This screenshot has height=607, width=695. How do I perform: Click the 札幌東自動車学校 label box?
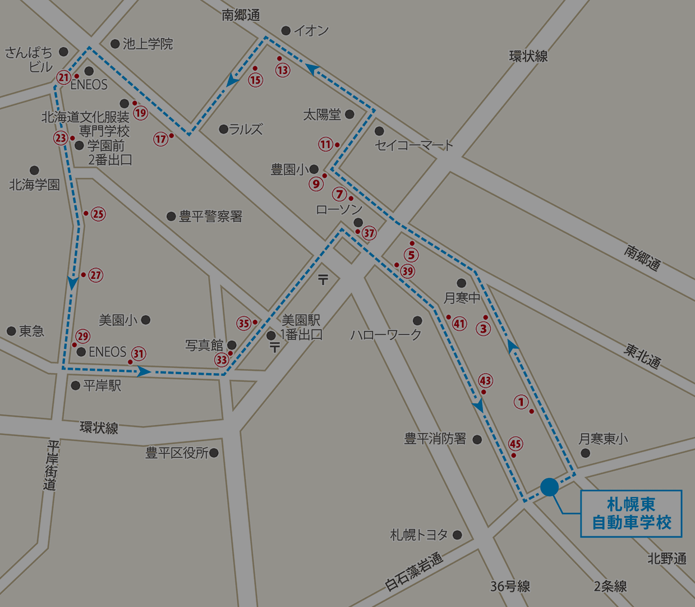click(631, 513)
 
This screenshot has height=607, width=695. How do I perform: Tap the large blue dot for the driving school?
click(549, 486)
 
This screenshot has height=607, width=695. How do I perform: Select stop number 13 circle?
click(283, 70)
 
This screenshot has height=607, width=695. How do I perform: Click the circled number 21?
click(63, 77)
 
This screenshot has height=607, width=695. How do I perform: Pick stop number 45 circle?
click(516, 444)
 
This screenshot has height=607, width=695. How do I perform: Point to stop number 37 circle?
click(369, 233)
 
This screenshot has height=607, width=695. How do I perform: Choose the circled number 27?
click(96, 275)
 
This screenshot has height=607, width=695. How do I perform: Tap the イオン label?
click(311, 31)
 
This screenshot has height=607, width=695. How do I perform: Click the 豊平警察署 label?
click(210, 217)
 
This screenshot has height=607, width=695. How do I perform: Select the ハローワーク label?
click(386, 335)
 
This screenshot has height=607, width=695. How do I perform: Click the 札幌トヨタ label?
click(419, 535)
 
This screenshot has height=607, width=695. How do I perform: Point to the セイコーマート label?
click(414, 145)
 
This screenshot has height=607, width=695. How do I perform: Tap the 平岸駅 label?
click(102, 386)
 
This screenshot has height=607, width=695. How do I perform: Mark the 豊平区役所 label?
click(177, 453)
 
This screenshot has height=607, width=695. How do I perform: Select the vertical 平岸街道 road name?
click(52, 465)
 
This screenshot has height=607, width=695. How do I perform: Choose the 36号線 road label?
click(510, 586)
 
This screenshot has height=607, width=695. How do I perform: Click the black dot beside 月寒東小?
click(586, 453)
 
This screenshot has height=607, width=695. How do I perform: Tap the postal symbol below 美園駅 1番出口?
click(275, 348)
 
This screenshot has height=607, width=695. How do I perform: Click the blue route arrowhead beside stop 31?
click(145, 371)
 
